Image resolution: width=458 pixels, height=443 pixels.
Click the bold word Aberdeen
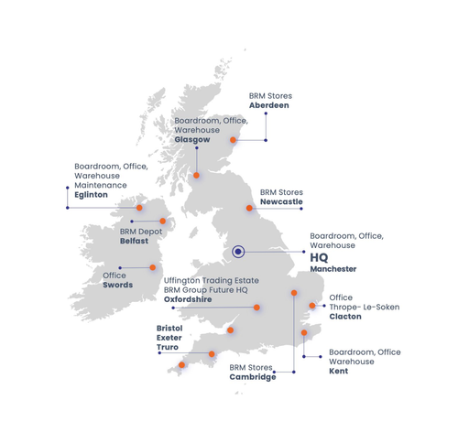[269, 105]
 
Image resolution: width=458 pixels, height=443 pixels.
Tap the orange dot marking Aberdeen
[234, 140]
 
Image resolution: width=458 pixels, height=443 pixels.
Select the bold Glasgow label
[192, 140]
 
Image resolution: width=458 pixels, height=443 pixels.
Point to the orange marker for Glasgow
[196, 175]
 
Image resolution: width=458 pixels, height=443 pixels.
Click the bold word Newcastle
[281, 201]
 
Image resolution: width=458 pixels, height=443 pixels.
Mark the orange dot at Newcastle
[249, 208]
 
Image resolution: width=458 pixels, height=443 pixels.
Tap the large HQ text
[320, 258]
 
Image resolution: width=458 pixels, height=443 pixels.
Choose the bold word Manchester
[333, 270]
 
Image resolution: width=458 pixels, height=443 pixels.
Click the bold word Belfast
[136, 243]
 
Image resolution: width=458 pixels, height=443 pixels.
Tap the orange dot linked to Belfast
[163, 221]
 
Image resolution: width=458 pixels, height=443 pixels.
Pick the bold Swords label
[118, 285]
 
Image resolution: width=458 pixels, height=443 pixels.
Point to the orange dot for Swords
[152, 268]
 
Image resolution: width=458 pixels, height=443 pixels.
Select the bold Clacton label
[344, 317]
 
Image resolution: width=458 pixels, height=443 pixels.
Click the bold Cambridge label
[253, 377]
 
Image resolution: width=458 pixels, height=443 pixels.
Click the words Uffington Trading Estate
[211, 279]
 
